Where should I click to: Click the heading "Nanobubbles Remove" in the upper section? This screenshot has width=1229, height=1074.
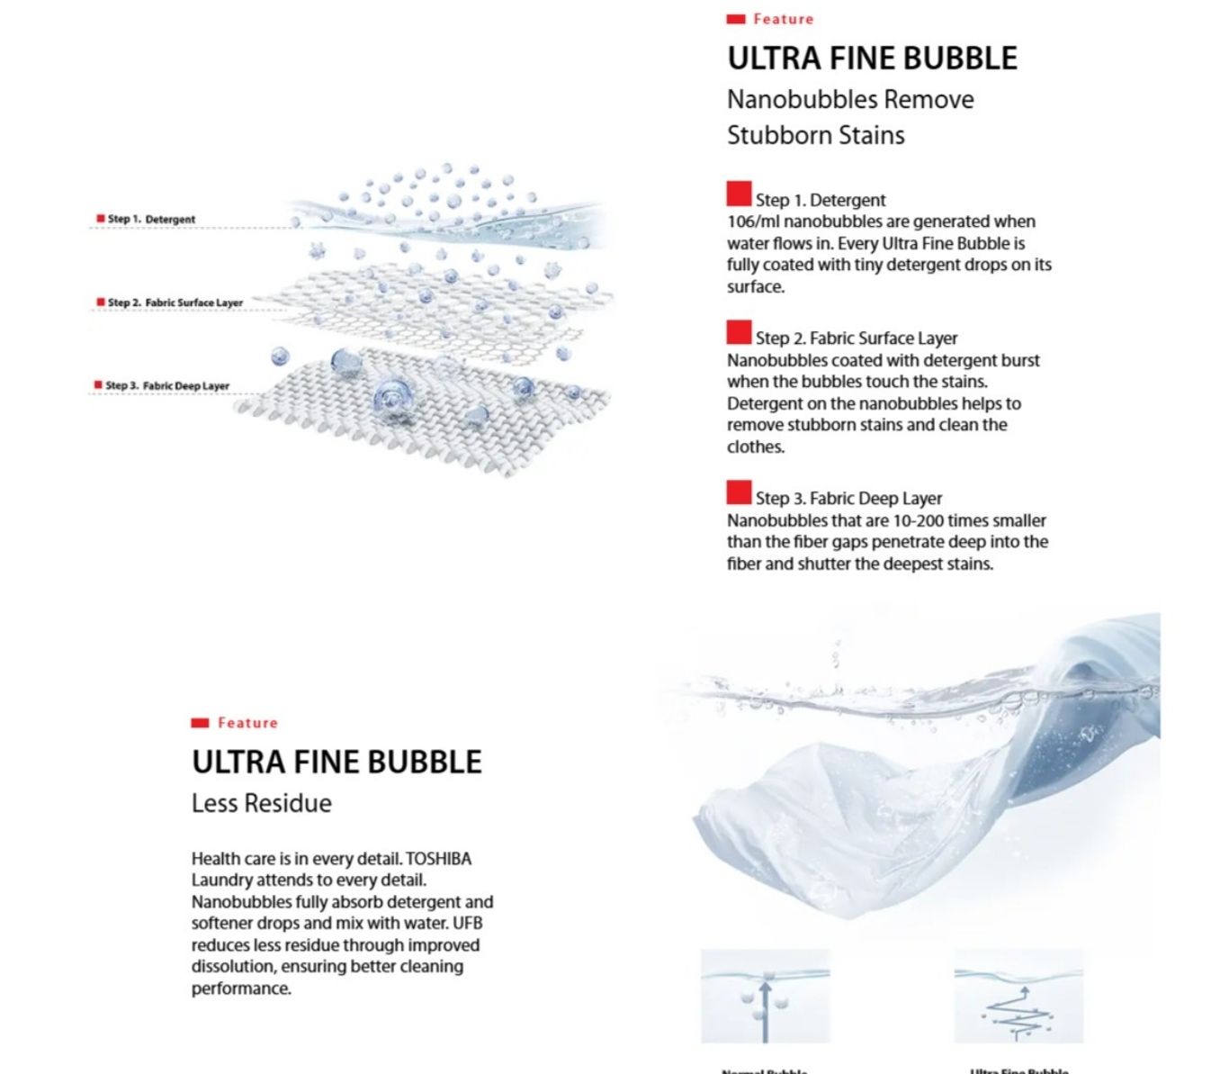pyautogui.click(x=850, y=99)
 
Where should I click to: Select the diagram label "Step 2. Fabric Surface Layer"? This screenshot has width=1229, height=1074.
pyautogui.click(x=175, y=302)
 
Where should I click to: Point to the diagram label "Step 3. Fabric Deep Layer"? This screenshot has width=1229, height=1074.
pyautogui.click(x=167, y=385)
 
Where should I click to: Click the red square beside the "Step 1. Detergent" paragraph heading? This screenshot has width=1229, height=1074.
pyautogui.click(x=739, y=194)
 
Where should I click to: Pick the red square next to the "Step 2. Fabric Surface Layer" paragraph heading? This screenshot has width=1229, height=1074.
pyautogui.click(x=739, y=332)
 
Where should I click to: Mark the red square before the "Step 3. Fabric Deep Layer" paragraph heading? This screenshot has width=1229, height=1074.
pyautogui.click(x=739, y=492)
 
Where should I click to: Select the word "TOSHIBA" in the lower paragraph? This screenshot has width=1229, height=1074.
pyautogui.click(x=438, y=859)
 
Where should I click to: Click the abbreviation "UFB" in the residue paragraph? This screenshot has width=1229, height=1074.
pyautogui.click(x=468, y=923)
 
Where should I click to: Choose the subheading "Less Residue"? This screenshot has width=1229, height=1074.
pyautogui.click(x=261, y=803)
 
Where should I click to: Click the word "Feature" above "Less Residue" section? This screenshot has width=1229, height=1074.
pyautogui.click(x=247, y=723)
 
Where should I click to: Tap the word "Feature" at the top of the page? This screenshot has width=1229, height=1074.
pyautogui.click(x=783, y=19)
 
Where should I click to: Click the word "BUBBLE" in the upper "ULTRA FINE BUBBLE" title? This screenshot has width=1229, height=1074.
pyautogui.click(x=960, y=59)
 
